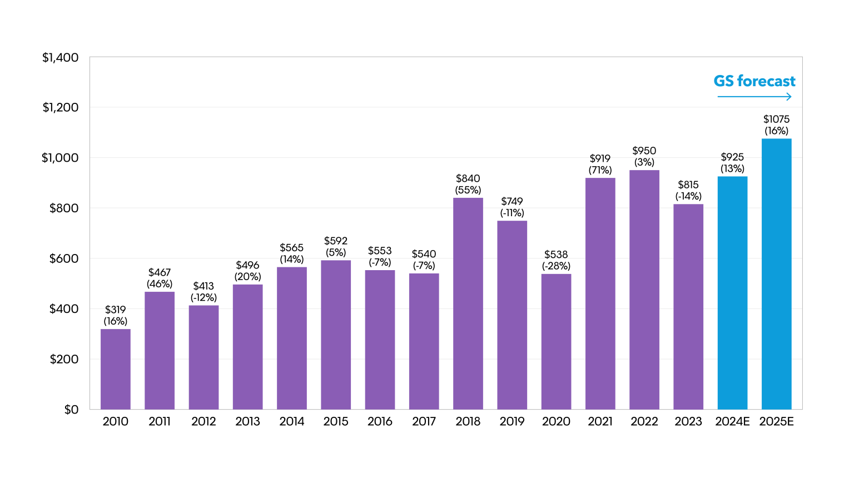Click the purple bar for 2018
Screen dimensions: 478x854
click(468, 303)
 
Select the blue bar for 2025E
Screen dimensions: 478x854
click(776, 274)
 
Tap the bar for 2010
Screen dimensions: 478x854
click(116, 369)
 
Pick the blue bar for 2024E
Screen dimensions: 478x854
click(732, 293)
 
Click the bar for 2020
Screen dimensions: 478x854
click(556, 341)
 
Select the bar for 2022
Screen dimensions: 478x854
click(644, 290)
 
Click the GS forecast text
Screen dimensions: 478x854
click(754, 81)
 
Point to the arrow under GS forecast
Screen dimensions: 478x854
click(754, 97)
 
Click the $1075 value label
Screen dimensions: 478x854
click(776, 119)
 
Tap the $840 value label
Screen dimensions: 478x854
click(468, 178)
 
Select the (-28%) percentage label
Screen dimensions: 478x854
click(556, 266)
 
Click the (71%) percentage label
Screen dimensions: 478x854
click(600, 170)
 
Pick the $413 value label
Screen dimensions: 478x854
click(203, 286)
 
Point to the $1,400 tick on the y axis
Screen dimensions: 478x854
click(61, 57)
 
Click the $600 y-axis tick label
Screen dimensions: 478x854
click(64, 258)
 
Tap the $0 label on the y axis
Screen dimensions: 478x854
click(71, 410)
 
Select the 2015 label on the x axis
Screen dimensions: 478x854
click(336, 421)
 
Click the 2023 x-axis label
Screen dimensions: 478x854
click(688, 421)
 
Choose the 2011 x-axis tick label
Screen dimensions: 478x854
click(160, 421)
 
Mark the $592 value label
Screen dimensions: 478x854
click(336, 241)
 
